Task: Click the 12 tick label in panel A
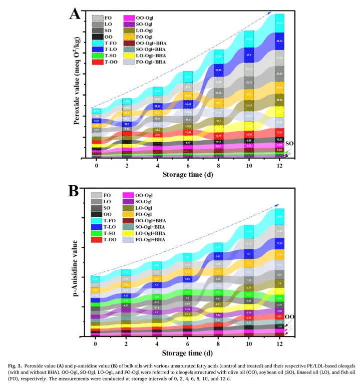pyautogui.click(x=279, y=165)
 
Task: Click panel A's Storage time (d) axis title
pyautogui.click(x=187, y=174)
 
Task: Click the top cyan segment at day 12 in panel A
pyautogui.click(x=279, y=23)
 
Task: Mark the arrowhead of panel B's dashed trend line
pyautogui.click(x=281, y=205)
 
